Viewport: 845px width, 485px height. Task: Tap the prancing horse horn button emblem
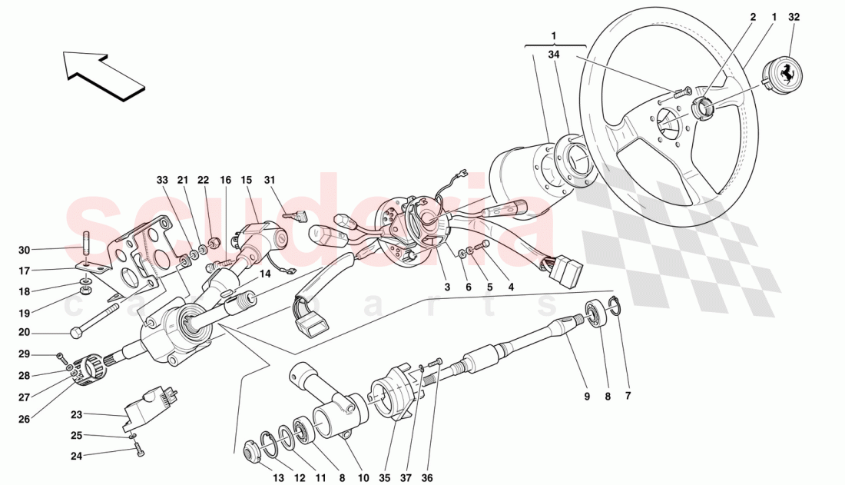coord(784,75)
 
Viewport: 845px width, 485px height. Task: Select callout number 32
coord(794,16)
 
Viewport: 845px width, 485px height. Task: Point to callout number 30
coord(25,250)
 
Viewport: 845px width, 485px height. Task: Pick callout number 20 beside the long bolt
coord(25,333)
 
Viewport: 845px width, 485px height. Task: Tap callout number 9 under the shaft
coord(586,397)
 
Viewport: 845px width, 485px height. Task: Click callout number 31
coord(270,180)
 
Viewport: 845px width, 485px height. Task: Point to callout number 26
coord(25,420)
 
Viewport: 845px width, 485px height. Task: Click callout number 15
coord(247,180)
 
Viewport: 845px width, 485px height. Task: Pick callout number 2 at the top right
coord(753,16)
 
